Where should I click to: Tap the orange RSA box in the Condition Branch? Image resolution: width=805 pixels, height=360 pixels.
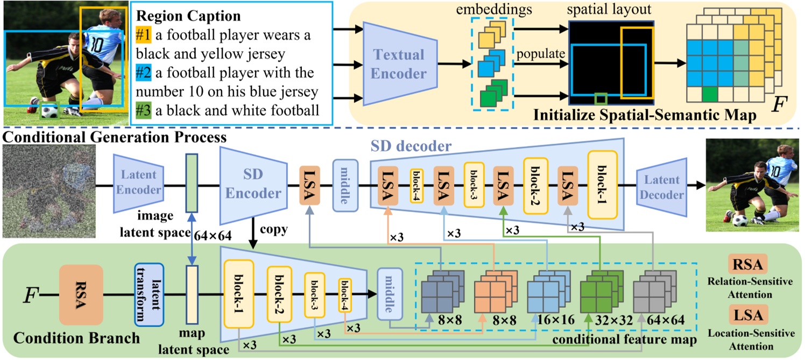click(x=81, y=294)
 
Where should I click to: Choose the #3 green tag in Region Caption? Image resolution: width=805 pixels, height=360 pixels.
click(x=143, y=110)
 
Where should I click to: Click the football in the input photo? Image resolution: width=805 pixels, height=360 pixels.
click(x=50, y=111)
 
